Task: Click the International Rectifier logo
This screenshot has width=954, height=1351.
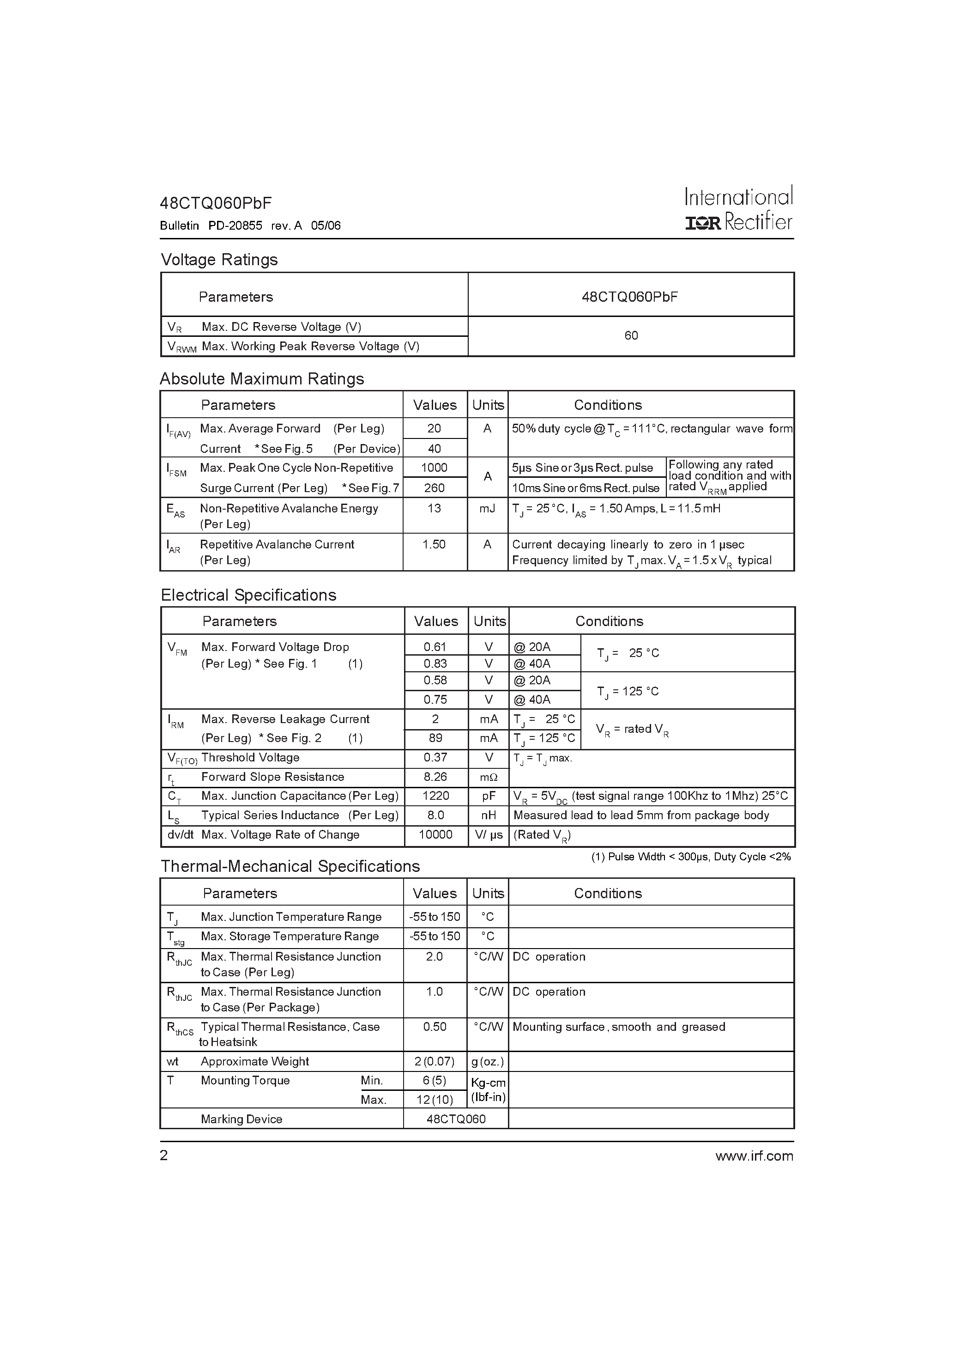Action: click(739, 209)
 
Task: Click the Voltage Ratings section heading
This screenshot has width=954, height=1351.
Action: click(219, 260)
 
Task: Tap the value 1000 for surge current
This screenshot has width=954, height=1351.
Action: click(434, 468)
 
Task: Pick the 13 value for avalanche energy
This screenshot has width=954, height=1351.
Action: click(434, 508)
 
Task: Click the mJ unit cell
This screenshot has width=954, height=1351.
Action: click(487, 508)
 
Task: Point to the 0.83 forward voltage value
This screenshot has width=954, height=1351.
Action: click(435, 664)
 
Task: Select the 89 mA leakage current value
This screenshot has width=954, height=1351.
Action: click(435, 738)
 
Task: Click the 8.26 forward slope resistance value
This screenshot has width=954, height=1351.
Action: click(435, 777)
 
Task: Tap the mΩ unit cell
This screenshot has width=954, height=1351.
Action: click(488, 777)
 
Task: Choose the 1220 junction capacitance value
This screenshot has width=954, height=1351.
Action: click(435, 796)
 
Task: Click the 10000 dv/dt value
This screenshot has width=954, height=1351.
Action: click(435, 835)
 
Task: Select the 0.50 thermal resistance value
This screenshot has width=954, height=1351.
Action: click(434, 1027)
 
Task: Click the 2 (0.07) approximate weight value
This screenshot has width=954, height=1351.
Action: click(434, 1061)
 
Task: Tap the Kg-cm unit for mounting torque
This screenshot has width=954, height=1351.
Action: click(488, 1083)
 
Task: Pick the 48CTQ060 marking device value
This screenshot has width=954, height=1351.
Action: click(456, 1119)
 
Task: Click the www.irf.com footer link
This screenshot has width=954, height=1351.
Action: click(754, 1156)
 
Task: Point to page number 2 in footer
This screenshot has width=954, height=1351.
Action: click(164, 1156)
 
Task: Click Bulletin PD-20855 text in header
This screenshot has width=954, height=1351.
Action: click(211, 226)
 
